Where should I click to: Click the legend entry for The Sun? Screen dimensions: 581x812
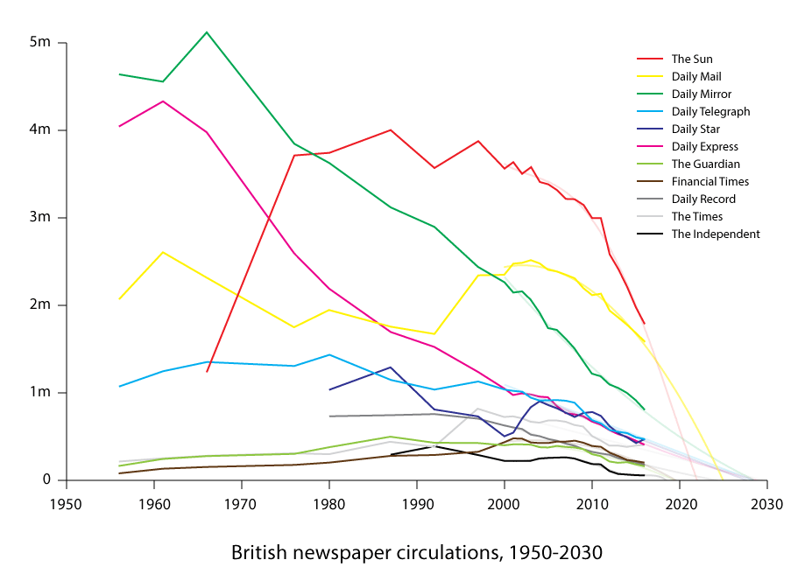[692, 59]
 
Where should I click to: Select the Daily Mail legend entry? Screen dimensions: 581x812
[696, 77]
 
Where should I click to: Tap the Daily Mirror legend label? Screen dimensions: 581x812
[701, 94]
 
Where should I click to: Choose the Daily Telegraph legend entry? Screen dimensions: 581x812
[710, 112]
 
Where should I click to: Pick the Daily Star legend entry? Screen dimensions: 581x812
[695, 129]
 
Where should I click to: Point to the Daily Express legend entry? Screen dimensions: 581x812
[704, 147]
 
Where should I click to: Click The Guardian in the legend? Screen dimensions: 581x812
[705, 164]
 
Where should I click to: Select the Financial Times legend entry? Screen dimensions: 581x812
[710, 182]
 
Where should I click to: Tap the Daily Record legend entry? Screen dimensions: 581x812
[703, 199]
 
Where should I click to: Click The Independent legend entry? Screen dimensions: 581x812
[715, 234]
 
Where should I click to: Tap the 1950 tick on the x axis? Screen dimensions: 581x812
[66, 505]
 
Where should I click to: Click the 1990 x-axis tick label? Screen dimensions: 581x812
[417, 505]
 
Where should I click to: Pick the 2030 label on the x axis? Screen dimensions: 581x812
[766, 505]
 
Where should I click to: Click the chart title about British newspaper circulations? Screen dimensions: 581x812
[417, 553]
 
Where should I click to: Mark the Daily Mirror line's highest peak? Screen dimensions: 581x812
[207, 32]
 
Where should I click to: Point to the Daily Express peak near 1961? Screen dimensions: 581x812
[163, 101]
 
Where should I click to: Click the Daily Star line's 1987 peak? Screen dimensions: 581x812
[391, 367]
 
